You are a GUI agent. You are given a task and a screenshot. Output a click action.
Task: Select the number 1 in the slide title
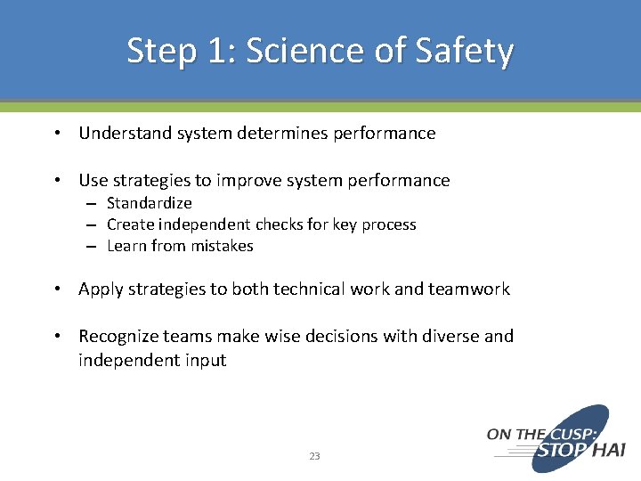(x=219, y=51)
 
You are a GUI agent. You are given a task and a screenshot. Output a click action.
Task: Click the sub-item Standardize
(x=149, y=203)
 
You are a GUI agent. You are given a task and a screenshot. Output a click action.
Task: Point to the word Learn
(x=126, y=246)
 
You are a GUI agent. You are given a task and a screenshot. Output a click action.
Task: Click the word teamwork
(x=468, y=289)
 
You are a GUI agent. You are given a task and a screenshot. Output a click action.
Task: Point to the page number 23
(x=314, y=456)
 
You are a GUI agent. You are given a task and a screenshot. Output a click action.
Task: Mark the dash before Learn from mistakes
(x=92, y=247)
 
